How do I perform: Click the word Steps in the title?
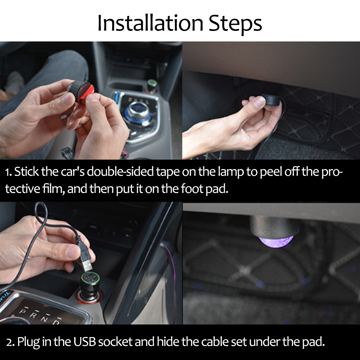[235, 23]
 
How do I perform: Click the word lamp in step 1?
[231, 172]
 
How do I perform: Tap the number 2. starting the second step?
[11, 342]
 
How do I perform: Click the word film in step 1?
[54, 189]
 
